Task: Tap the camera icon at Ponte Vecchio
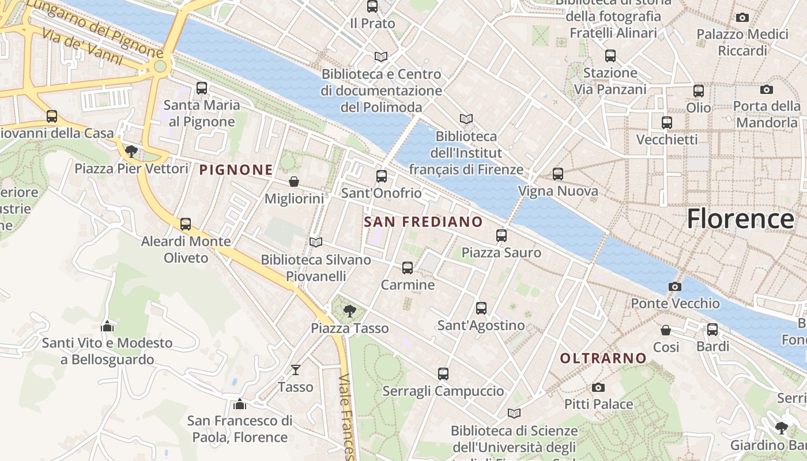[x=674, y=286]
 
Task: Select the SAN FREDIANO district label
[x=424, y=222]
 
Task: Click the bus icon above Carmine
[x=408, y=267]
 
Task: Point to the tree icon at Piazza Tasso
[x=349, y=311]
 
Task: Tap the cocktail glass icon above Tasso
[x=296, y=369]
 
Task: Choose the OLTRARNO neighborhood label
[x=604, y=358]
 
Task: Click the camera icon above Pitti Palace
[x=598, y=387]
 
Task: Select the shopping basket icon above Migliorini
[x=294, y=182]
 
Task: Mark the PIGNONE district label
[x=236, y=169]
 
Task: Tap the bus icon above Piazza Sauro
[x=501, y=235]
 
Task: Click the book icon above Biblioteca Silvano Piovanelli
[x=316, y=242]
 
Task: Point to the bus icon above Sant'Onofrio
[x=382, y=176]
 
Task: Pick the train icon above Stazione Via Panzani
[x=610, y=56]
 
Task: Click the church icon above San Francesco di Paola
[x=240, y=403]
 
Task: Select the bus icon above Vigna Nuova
[x=558, y=173]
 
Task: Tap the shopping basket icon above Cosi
[x=666, y=330]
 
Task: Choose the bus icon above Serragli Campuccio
[x=443, y=373]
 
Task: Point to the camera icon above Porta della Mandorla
[x=767, y=89]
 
